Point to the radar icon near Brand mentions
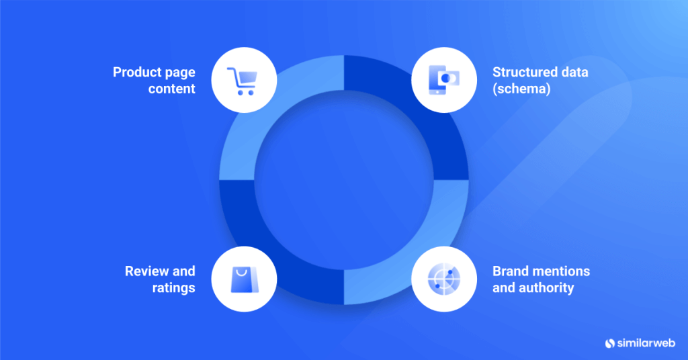point(443,280)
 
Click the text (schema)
point(521,89)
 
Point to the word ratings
point(173,288)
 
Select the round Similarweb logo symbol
point(610,343)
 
